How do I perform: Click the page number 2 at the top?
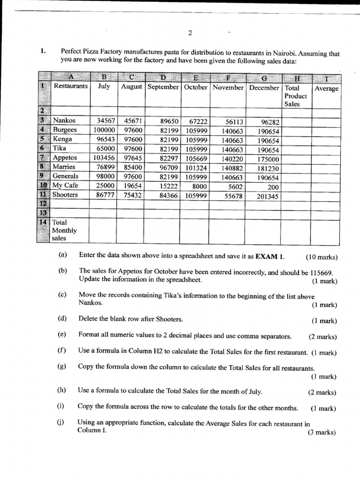coord(190,33)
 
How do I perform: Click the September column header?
coord(163,87)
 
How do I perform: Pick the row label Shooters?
coord(65,195)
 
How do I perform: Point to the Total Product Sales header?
coord(295,96)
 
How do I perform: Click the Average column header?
coord(327,88)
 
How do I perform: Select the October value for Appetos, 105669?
coord(196,158)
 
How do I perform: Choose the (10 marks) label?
coord(322,257)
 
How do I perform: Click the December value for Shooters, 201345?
coord(268,196)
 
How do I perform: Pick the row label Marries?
coord(64,167)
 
